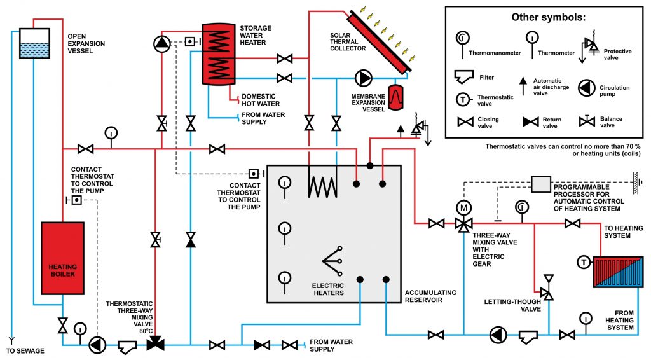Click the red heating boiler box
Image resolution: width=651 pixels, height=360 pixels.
click(x=63, y=258)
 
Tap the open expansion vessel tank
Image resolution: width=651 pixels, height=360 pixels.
click(x=35, y=43)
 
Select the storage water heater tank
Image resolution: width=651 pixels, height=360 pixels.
click(x=219, y=54)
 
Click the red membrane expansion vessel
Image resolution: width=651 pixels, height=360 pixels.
click(x=395, y=97)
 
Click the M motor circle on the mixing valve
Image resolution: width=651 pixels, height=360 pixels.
click(x=463, y=207)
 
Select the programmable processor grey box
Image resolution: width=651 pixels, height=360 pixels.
click(x=541, y=184)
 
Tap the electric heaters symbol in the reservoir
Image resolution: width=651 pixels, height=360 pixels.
click(x=332, y=261)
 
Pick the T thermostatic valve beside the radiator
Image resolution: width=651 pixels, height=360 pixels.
click(x=584, y=263)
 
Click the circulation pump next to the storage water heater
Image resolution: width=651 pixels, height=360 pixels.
click(x=162, y=44)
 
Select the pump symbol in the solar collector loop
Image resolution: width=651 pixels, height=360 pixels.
click(x=363, y=78)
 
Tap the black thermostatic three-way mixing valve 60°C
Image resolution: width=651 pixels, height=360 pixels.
click(x=156, y=343)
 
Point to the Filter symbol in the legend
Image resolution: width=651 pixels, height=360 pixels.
click(x=463, y=77)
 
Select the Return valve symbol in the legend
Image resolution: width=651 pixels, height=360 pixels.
click(x=531, y=122)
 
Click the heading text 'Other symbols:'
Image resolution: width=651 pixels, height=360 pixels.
click(x=548, y=17)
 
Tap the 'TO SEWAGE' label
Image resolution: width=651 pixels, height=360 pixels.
click(x=25, y=351)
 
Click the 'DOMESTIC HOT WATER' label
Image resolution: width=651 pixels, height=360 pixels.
click(x=261, y=100)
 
